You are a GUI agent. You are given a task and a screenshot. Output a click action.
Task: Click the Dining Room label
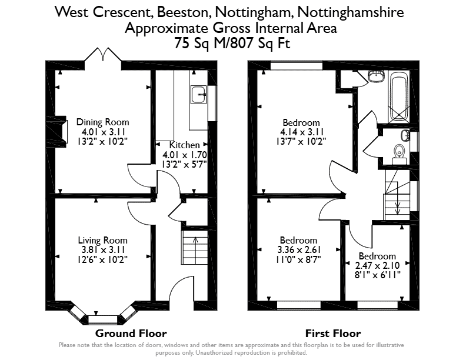102,122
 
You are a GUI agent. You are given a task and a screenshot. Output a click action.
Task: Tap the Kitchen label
185,145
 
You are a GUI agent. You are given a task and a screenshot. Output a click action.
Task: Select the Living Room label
102,240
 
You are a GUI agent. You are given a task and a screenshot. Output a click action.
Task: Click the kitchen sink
198,95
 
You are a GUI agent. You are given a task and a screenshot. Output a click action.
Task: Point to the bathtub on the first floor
399,96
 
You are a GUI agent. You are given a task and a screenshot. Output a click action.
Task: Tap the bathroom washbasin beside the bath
376,76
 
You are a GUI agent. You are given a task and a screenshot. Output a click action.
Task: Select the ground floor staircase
195,247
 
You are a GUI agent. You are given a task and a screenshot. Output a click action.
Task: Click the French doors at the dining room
103,55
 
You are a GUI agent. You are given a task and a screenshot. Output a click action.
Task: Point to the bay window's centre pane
103,320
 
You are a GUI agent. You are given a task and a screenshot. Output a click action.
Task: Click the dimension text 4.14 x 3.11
301,132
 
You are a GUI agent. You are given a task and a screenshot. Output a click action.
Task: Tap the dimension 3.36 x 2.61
299,250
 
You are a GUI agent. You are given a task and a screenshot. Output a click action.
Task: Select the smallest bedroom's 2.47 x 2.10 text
377,265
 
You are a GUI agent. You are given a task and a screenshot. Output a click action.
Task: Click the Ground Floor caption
131,334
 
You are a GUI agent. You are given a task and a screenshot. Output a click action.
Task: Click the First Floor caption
333,334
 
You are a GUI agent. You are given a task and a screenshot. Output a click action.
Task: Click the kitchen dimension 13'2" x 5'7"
184,164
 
